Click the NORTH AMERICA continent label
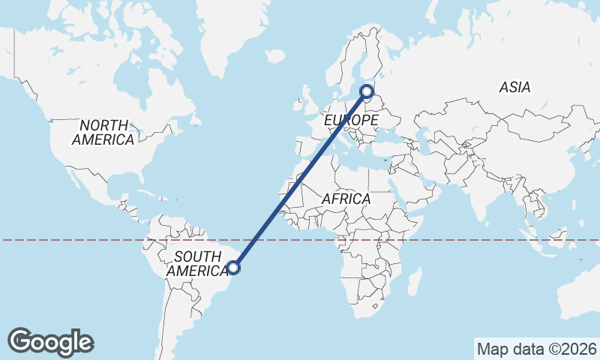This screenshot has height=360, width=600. coord(103,132)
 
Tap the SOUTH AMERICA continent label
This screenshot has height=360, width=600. coord(197,263)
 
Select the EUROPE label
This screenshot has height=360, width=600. coord(350,120)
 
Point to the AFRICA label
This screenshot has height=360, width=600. coord(346,199)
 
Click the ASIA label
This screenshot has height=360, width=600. coord(514,88)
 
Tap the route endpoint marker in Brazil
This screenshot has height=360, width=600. coord(234,267)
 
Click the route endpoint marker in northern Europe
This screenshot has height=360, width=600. coord(367,91)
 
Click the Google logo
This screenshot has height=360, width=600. coord(50,342)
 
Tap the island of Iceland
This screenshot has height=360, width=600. coord(275,55)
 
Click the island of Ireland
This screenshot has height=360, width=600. coord(302,100)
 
